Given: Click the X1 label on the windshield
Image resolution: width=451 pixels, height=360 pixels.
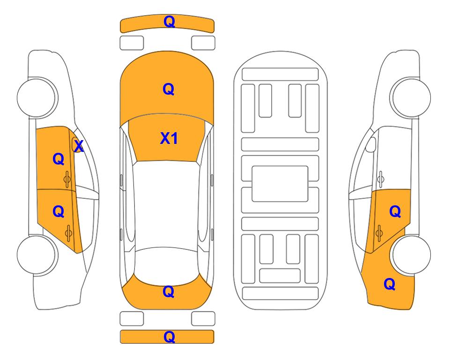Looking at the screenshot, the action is click(169, 138).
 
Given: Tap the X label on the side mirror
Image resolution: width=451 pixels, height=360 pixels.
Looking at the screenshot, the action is click(79, 146).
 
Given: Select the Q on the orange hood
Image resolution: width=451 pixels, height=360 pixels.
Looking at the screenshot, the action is click(169, 89).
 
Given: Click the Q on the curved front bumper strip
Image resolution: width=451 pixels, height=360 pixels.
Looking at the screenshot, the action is click(169, 22).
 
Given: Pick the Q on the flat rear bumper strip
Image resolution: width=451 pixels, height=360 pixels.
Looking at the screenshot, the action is click(169, 337).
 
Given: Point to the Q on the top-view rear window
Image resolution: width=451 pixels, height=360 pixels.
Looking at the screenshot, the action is click(169, 292).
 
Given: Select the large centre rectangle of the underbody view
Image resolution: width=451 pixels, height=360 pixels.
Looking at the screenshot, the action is click(280, 184).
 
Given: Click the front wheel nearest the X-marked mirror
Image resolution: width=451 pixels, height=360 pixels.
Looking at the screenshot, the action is click(37, 97).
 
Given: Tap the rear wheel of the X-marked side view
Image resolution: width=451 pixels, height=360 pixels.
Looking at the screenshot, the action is click(37, 255).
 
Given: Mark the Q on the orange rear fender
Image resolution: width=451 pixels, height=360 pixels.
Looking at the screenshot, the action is click(390, 284).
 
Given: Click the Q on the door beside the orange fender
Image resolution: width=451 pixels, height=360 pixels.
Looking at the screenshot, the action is click(395, 212).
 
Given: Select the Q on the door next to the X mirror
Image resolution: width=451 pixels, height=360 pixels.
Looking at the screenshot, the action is click(59, 159).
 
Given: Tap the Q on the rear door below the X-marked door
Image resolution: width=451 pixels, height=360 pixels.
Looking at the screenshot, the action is click(59, 212).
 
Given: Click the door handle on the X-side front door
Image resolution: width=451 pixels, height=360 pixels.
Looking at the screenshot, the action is click(67, 179).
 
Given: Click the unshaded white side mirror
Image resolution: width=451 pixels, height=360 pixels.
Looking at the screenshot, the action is click(371, 144).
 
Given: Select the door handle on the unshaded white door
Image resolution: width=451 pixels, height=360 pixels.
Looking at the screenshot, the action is click(381, 179).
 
